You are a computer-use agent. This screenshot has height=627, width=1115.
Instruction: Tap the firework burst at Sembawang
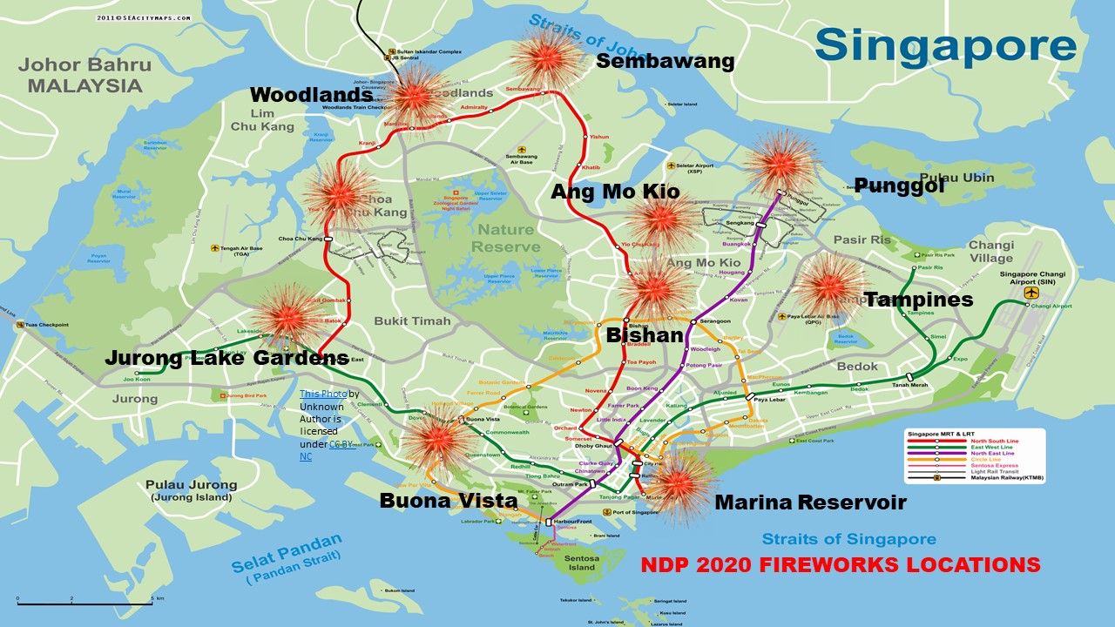click(x=546, y=58)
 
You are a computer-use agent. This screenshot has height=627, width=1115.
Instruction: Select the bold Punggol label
click(x=900, y=185)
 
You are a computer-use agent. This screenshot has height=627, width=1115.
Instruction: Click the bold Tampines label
click(x=918, y=300)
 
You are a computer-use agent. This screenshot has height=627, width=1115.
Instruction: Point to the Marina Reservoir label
click(x=810, y=502)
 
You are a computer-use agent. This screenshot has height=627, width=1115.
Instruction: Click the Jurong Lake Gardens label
click(x=226, y=358)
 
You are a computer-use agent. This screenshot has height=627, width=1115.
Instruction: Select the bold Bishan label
click(x=645, y=335)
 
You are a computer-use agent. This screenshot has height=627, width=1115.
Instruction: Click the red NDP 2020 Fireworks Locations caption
click(x=840, y=564)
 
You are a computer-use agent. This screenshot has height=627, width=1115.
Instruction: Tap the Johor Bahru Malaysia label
click(x=84, y=75)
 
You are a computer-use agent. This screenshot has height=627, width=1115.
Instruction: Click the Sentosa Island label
click(x=584, y=561)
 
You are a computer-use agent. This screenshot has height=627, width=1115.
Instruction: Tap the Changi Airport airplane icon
click(x=1033, y=293)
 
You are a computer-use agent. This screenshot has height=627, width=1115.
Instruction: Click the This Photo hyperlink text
click(x=323, y=394)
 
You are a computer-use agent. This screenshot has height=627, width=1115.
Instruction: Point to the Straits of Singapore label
click(x=848, y=539)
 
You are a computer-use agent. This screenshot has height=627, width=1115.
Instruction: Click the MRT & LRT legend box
click(x=974, y=456)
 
